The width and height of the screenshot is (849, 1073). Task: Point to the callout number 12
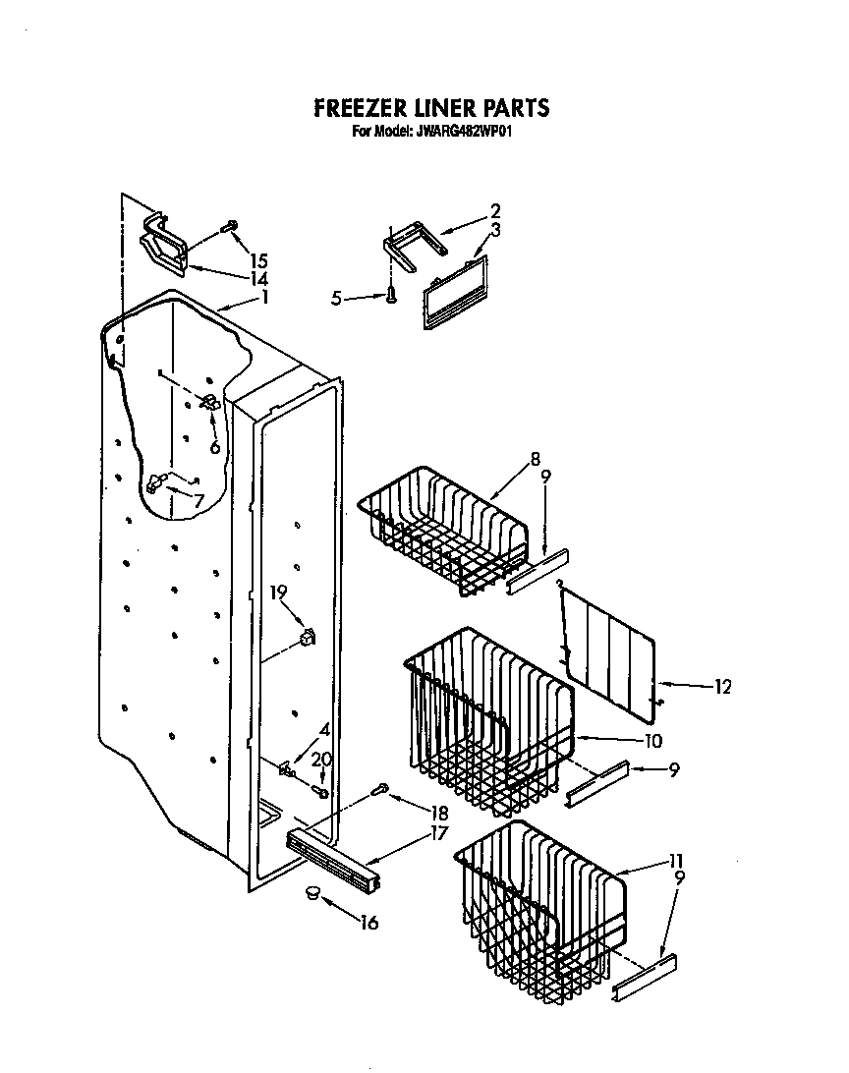click(x=722, y=688)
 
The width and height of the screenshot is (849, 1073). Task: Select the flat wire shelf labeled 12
click(x=609, y=649)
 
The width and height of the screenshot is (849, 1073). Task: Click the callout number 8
click(x=535, y=458)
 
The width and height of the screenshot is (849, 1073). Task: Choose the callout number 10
click(x=652, y=740)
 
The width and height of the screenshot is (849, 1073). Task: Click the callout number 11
click(x=676, y=861)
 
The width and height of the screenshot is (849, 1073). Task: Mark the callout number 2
click(x=495, y=210)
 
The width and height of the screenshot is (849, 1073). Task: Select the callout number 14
click(x=258, y=279)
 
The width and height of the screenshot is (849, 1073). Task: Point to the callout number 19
click(x=278, y=592)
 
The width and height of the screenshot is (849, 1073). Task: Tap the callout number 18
click(x=438, y=813)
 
